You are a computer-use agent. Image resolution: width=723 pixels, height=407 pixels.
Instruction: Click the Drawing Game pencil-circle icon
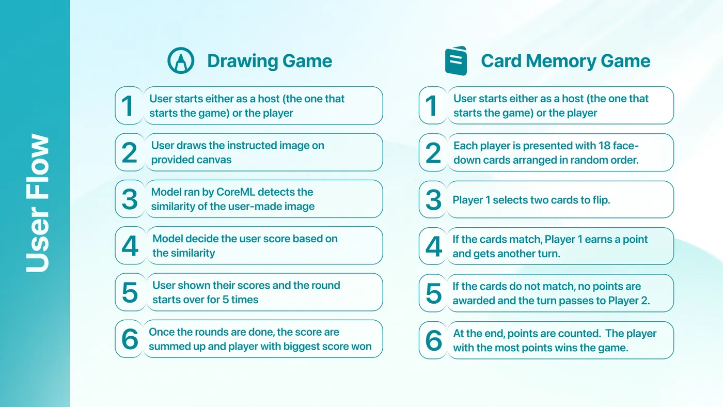click(x=181, y=60)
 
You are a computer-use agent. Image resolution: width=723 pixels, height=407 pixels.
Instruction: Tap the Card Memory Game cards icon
click(x=455, y=60)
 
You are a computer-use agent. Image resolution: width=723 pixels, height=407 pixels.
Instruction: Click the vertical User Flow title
click(x=37, y=202)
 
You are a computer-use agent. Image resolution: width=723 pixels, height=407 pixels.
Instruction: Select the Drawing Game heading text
click(x=270, y=61)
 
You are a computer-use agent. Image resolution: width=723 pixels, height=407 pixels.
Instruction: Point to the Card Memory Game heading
click(x=565, y=61)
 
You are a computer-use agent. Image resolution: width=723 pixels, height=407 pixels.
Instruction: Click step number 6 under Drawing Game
click(x=130, y=339)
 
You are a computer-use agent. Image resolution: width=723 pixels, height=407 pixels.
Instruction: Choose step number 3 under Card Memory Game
click(x=433, y=200)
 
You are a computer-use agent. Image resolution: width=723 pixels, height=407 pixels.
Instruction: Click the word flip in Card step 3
click(x=601, y=200)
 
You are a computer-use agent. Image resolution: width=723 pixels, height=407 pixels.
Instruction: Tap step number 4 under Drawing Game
click(x=130, y=246)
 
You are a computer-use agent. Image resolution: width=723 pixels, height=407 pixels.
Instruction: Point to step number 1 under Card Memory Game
click(x=431, y=106)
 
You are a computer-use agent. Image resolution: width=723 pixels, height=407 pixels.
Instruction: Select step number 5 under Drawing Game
click(x=130, y=293)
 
